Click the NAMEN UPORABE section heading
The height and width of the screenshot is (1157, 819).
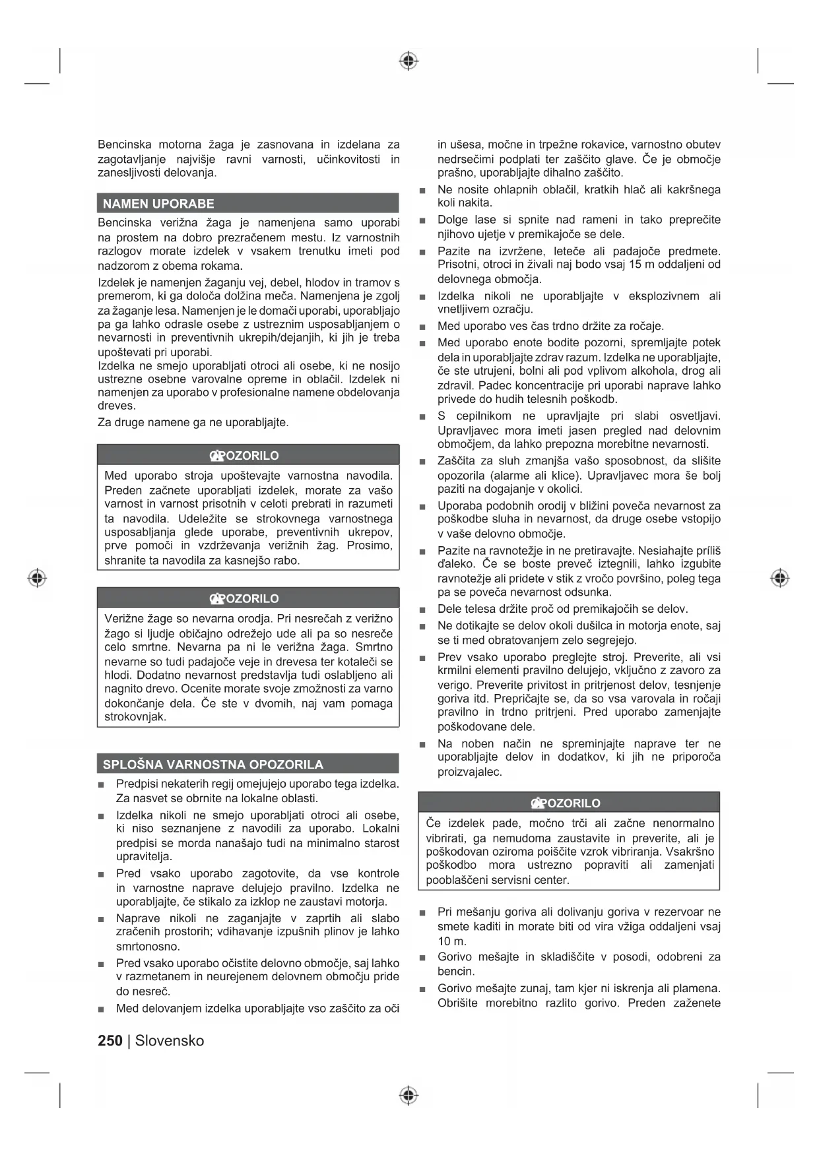[158, 204]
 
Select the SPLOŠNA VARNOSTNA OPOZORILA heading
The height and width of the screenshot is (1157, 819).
[213, 765]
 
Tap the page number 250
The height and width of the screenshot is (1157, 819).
[110, 1040]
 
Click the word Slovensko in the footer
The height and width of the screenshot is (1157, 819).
[170, 1040]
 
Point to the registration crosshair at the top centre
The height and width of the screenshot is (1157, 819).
[409, 61]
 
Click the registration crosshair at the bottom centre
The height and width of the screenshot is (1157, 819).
[409, 1095]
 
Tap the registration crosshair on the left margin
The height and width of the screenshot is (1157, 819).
[37, 578]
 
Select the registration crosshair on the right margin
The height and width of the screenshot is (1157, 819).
[779, 578]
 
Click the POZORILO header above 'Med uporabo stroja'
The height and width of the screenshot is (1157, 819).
[248, 455]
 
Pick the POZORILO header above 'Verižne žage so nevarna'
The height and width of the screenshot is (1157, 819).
[248, 598]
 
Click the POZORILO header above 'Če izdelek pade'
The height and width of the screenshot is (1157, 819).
[569, 803]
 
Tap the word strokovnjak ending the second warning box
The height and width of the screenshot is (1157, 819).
[135, 716]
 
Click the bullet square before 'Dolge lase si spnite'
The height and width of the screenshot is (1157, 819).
[422, 221]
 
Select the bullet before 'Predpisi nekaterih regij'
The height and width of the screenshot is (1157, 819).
[101, 785]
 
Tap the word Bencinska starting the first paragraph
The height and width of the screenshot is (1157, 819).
[124, 144]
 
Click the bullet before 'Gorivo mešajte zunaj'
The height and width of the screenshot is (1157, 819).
[422, 989]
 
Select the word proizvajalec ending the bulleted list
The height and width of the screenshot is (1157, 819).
[469, 771]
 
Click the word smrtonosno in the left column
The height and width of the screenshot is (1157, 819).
[148, 946]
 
